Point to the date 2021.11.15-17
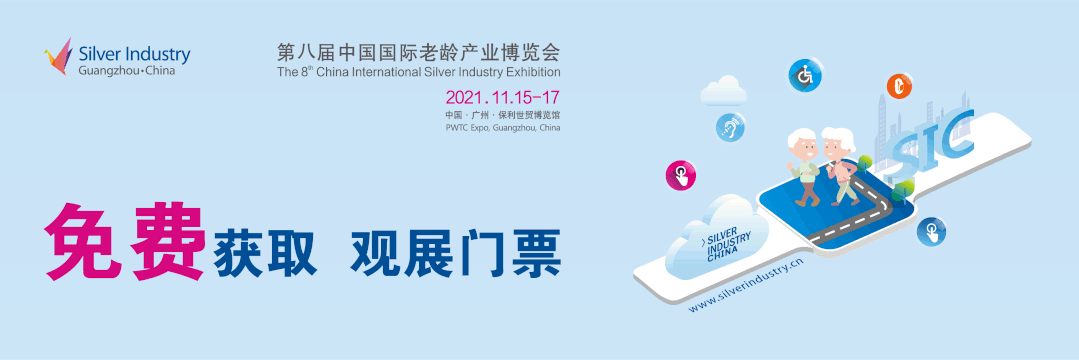click(502, 98)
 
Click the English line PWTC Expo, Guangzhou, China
click(502, 129)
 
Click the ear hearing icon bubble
click(729, 127)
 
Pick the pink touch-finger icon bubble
click(680, 176)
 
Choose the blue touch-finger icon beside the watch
click(931, 232)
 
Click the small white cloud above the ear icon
click(724, 92)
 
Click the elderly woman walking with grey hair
click(840, 165)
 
